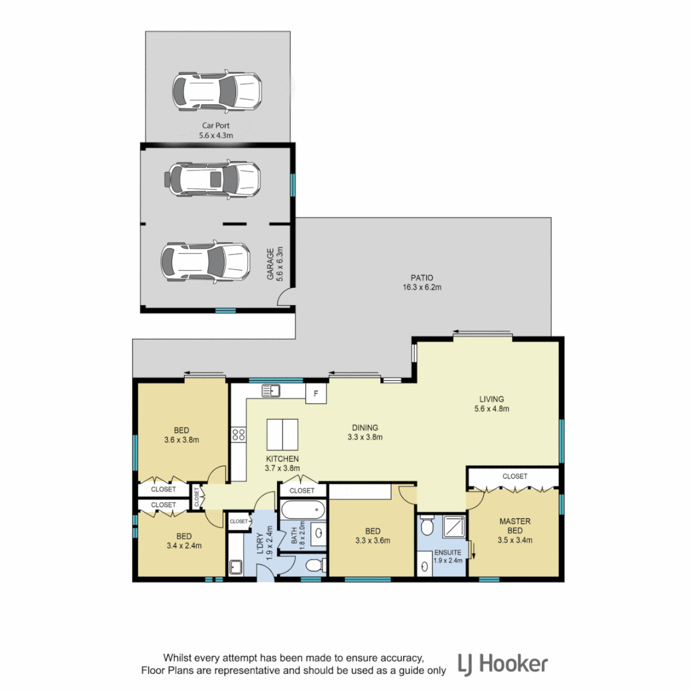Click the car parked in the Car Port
tap(216, 91)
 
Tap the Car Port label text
tap(216, 131)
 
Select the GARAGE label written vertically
tap(274, 264)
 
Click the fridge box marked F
tap(315, 393)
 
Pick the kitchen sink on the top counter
tap(271, 390)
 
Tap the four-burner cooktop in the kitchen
tap(239, 435)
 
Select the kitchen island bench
tap(282, 435)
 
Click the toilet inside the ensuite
tap(427, 526)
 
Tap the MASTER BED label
tap(515, 530)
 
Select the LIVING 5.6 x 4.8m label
tap(491, 403)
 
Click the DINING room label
tap(365, 433)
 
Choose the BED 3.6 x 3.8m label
tap(182, 434)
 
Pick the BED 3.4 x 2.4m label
tap(184, 541)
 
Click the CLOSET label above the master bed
tap(514, 476)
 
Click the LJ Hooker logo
tap(502, 663)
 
